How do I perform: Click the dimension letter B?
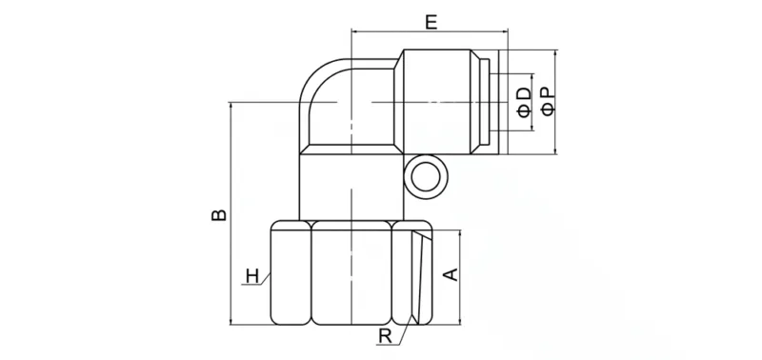pyautogui.click(x=218, y=215)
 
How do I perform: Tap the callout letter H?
pyautogui.click(x=251, y=277)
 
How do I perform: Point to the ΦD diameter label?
pyautogui.click(x=524, y=100)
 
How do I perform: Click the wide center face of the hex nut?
pyautogui.click(x=351, y=274)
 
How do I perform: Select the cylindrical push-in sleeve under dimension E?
pyautogui.click(x=444, y=100)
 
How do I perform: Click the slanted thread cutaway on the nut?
pyautogui.click(x=417, y=276)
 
